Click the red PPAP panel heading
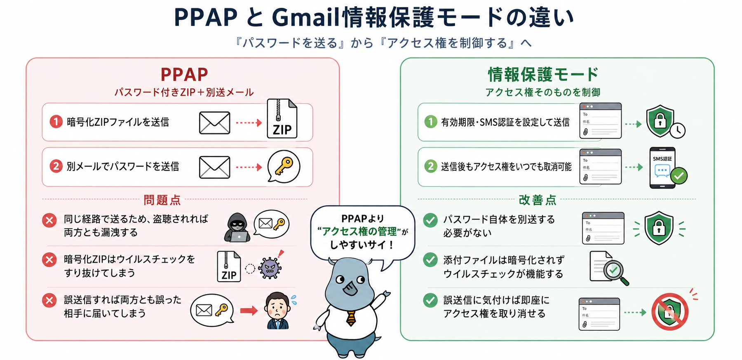tap(184, 75)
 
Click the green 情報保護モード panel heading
tap(543, 75)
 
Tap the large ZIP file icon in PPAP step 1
tap(282, 119)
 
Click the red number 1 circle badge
tap(56, 122)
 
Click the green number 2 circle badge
tap(431, 166)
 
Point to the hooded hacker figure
tap(237, 227)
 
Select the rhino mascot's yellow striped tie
tap(351, 318)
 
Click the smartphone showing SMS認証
tap(662, 167)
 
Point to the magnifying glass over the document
tap(615, 272)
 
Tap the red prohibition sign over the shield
tap(670, 312)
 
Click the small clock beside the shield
tap(677, 130)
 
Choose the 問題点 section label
tap(162, 200)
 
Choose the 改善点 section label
tap(538, 200)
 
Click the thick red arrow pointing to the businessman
tap(249, 310)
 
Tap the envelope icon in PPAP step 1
tap(214, 122)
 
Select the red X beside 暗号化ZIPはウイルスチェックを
tap(49, 260)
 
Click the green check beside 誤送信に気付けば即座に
tap(430, 300)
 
